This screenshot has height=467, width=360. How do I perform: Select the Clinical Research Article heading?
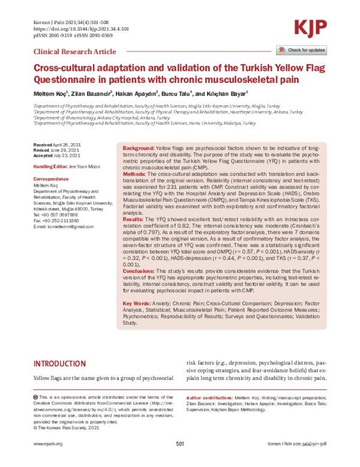click(75, 52)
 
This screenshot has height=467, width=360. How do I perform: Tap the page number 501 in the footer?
click(180, 460)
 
